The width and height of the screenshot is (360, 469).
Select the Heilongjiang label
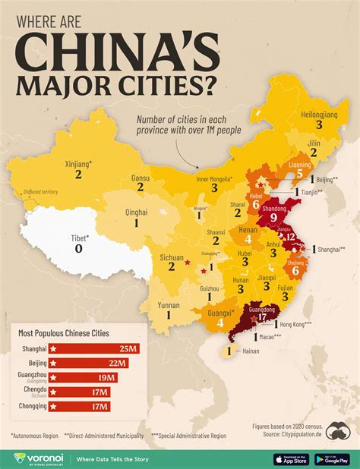pos(318,112)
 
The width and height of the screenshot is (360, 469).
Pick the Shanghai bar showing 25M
pos(93,348)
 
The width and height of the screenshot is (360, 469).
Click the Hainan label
pos(251,351)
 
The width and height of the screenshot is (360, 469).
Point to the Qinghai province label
pos(137,213)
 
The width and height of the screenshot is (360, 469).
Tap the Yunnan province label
pos(169,303)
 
